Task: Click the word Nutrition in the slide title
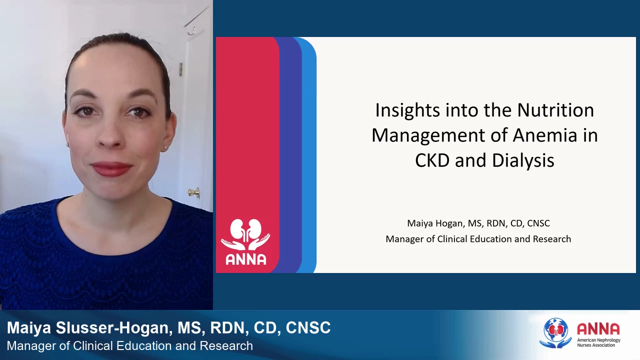(x=555, y=110)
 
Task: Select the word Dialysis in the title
(x=523, y=161)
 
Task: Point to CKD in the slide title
(x=432, y=160)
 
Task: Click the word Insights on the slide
(x=407, y=110)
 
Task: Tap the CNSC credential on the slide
(x=538, y=223)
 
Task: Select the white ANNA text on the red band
(x=245, y=259)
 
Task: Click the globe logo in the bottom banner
(x=555, y=333)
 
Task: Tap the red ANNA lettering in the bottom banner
(x=598, y=329)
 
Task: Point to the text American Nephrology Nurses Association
(x=598, y=342)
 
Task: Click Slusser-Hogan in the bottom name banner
(x=114, y=327)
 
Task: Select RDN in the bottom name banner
(x=227, y=327)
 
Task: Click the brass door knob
(x=194, y=193)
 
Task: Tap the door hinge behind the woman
(x=181, y=69)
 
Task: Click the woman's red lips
(x=111, y=168)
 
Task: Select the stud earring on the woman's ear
(x=165, y=147)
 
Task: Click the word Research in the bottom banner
(x=226, y=346)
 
